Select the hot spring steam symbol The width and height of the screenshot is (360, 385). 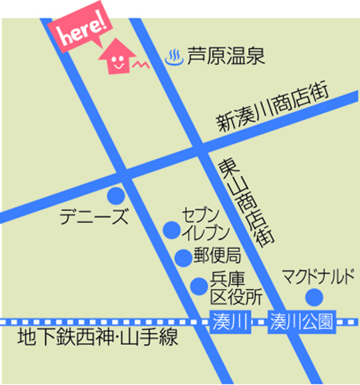(x=174, y=56)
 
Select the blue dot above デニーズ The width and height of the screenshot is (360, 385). (x=115, y=194)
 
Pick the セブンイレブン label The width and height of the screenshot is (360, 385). (x=205, y=222)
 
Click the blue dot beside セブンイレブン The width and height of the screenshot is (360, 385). (x=171, y=229)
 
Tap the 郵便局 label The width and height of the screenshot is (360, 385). (x=218, y=256)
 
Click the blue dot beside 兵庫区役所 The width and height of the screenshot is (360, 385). (x=199, y=287)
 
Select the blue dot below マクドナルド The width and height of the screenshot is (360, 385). (x=314, y=297)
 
